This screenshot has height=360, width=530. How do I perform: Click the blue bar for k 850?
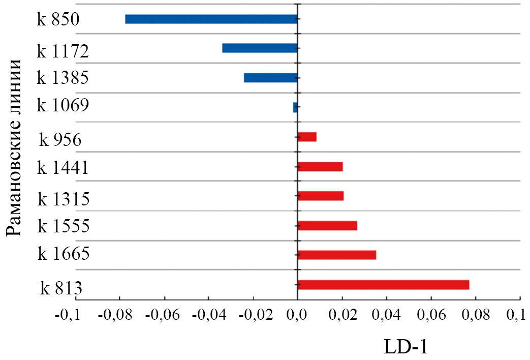click(x=211, y=19)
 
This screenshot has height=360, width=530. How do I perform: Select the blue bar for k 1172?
click(x=260, y=48)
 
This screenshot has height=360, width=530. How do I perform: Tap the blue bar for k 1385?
click(x=270, y=78)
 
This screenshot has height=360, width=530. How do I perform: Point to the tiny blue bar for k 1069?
click(x=295, y=107)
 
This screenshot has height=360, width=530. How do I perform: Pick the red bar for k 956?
click(x=307, y=137)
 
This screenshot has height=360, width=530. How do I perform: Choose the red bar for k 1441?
click(x=320, y=166)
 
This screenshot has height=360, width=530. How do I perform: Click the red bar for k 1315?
click(x=321, y=196)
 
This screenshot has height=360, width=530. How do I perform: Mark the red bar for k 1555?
click(x=327, y=226)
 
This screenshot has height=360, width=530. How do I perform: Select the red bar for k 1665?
click(x=337, y=255)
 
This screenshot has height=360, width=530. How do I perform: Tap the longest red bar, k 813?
click(x=383, y=285)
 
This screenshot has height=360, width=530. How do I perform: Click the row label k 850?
click(x=58, y=20)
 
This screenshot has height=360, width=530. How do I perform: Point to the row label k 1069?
click(x=63, y=106)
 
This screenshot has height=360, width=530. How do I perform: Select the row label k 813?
click(x=62, y=289)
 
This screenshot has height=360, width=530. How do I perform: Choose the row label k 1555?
click(x=64, y=225)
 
